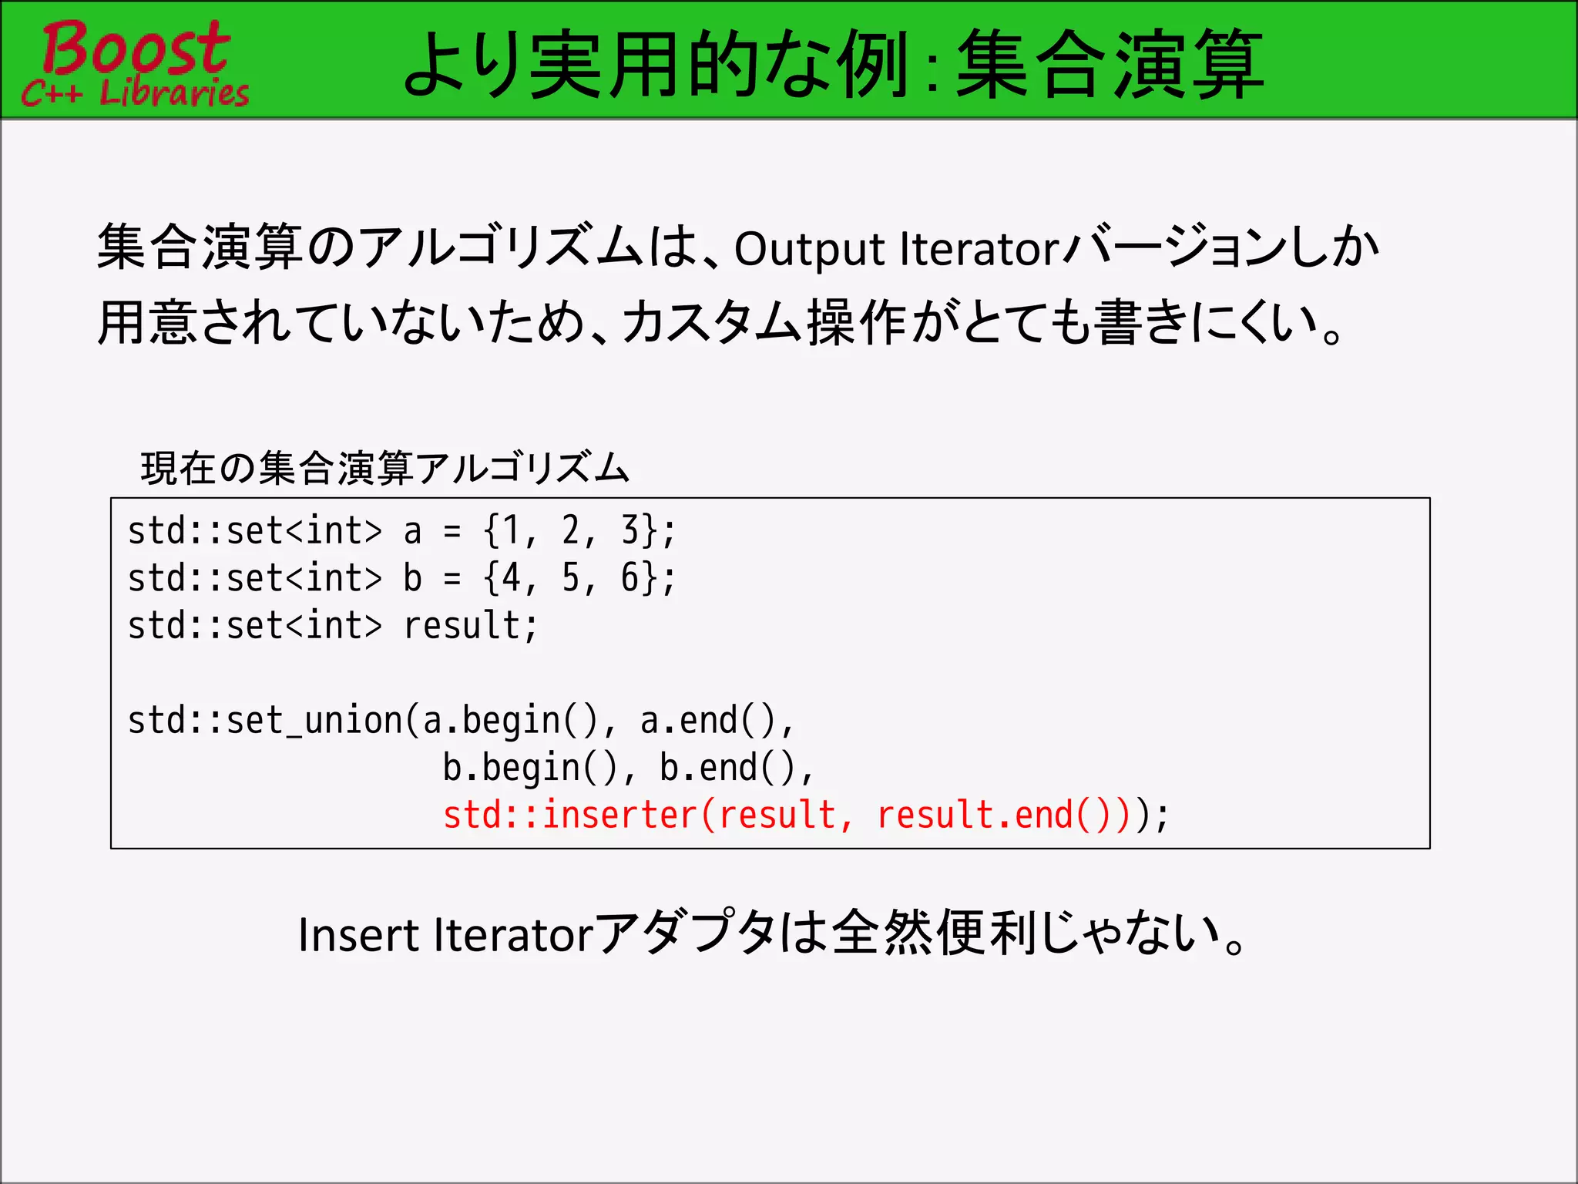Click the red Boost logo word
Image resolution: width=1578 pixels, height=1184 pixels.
[x=136, y=48]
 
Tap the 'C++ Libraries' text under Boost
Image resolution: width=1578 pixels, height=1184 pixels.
[x=136, y=93]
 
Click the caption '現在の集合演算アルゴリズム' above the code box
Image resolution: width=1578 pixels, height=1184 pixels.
[x=385, y=468]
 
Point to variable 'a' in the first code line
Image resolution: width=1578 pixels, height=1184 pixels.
[x=413, y=531]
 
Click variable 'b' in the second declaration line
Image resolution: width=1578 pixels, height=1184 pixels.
[x=413, y=578]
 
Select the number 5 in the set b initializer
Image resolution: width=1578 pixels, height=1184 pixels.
[x=571, y=578]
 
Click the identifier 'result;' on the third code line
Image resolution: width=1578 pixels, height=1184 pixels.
[x=470, y=625]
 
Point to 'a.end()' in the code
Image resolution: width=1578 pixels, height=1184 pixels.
[x=707, y=721]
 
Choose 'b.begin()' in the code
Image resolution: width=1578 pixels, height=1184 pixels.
[x=521, y=768]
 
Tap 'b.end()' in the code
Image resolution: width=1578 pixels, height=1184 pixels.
[x=727, y=768]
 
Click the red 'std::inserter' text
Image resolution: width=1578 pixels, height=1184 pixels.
[x=570, y=816]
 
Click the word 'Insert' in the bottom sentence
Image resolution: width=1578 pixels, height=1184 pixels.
[x=358, y=935]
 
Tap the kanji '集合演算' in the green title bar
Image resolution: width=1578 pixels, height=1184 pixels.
[x=1110, y=65]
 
